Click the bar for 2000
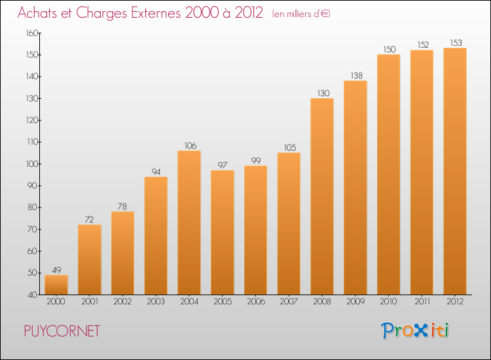pyautogui.click(x=56, y=285)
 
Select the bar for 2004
pyautogui.click(x=189, y=223)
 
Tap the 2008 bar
pyautogui.click(x=322, y=196)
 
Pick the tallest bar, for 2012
pyautogui.click(x=455, y=171)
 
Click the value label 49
pyautogui.click(x=56, y=270)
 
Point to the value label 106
pyautogui.click(x=191, y=145)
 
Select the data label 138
pyautogui.click(x=356, y=75)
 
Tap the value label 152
pyautogui.click(x=423, y=45)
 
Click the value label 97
pyautogui.click(x=223, y=165)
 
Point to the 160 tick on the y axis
pyautogui.click(x=32, y=33)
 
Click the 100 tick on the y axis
pyautogui.click(x=32, y=164)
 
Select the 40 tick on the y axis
pyautogui.click(x=33, y=295)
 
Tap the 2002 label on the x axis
pyautogui.click(x=122, y=301)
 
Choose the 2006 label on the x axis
pyautogui.click(x=256, y=301)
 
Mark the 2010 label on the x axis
pyautogui.click(x=388, y=301)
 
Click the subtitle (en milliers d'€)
pyautogui.click(x=301, y=14)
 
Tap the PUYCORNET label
pyautogui.click(x=62, y=331)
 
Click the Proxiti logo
pyautogui.click(x=415, y=331)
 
